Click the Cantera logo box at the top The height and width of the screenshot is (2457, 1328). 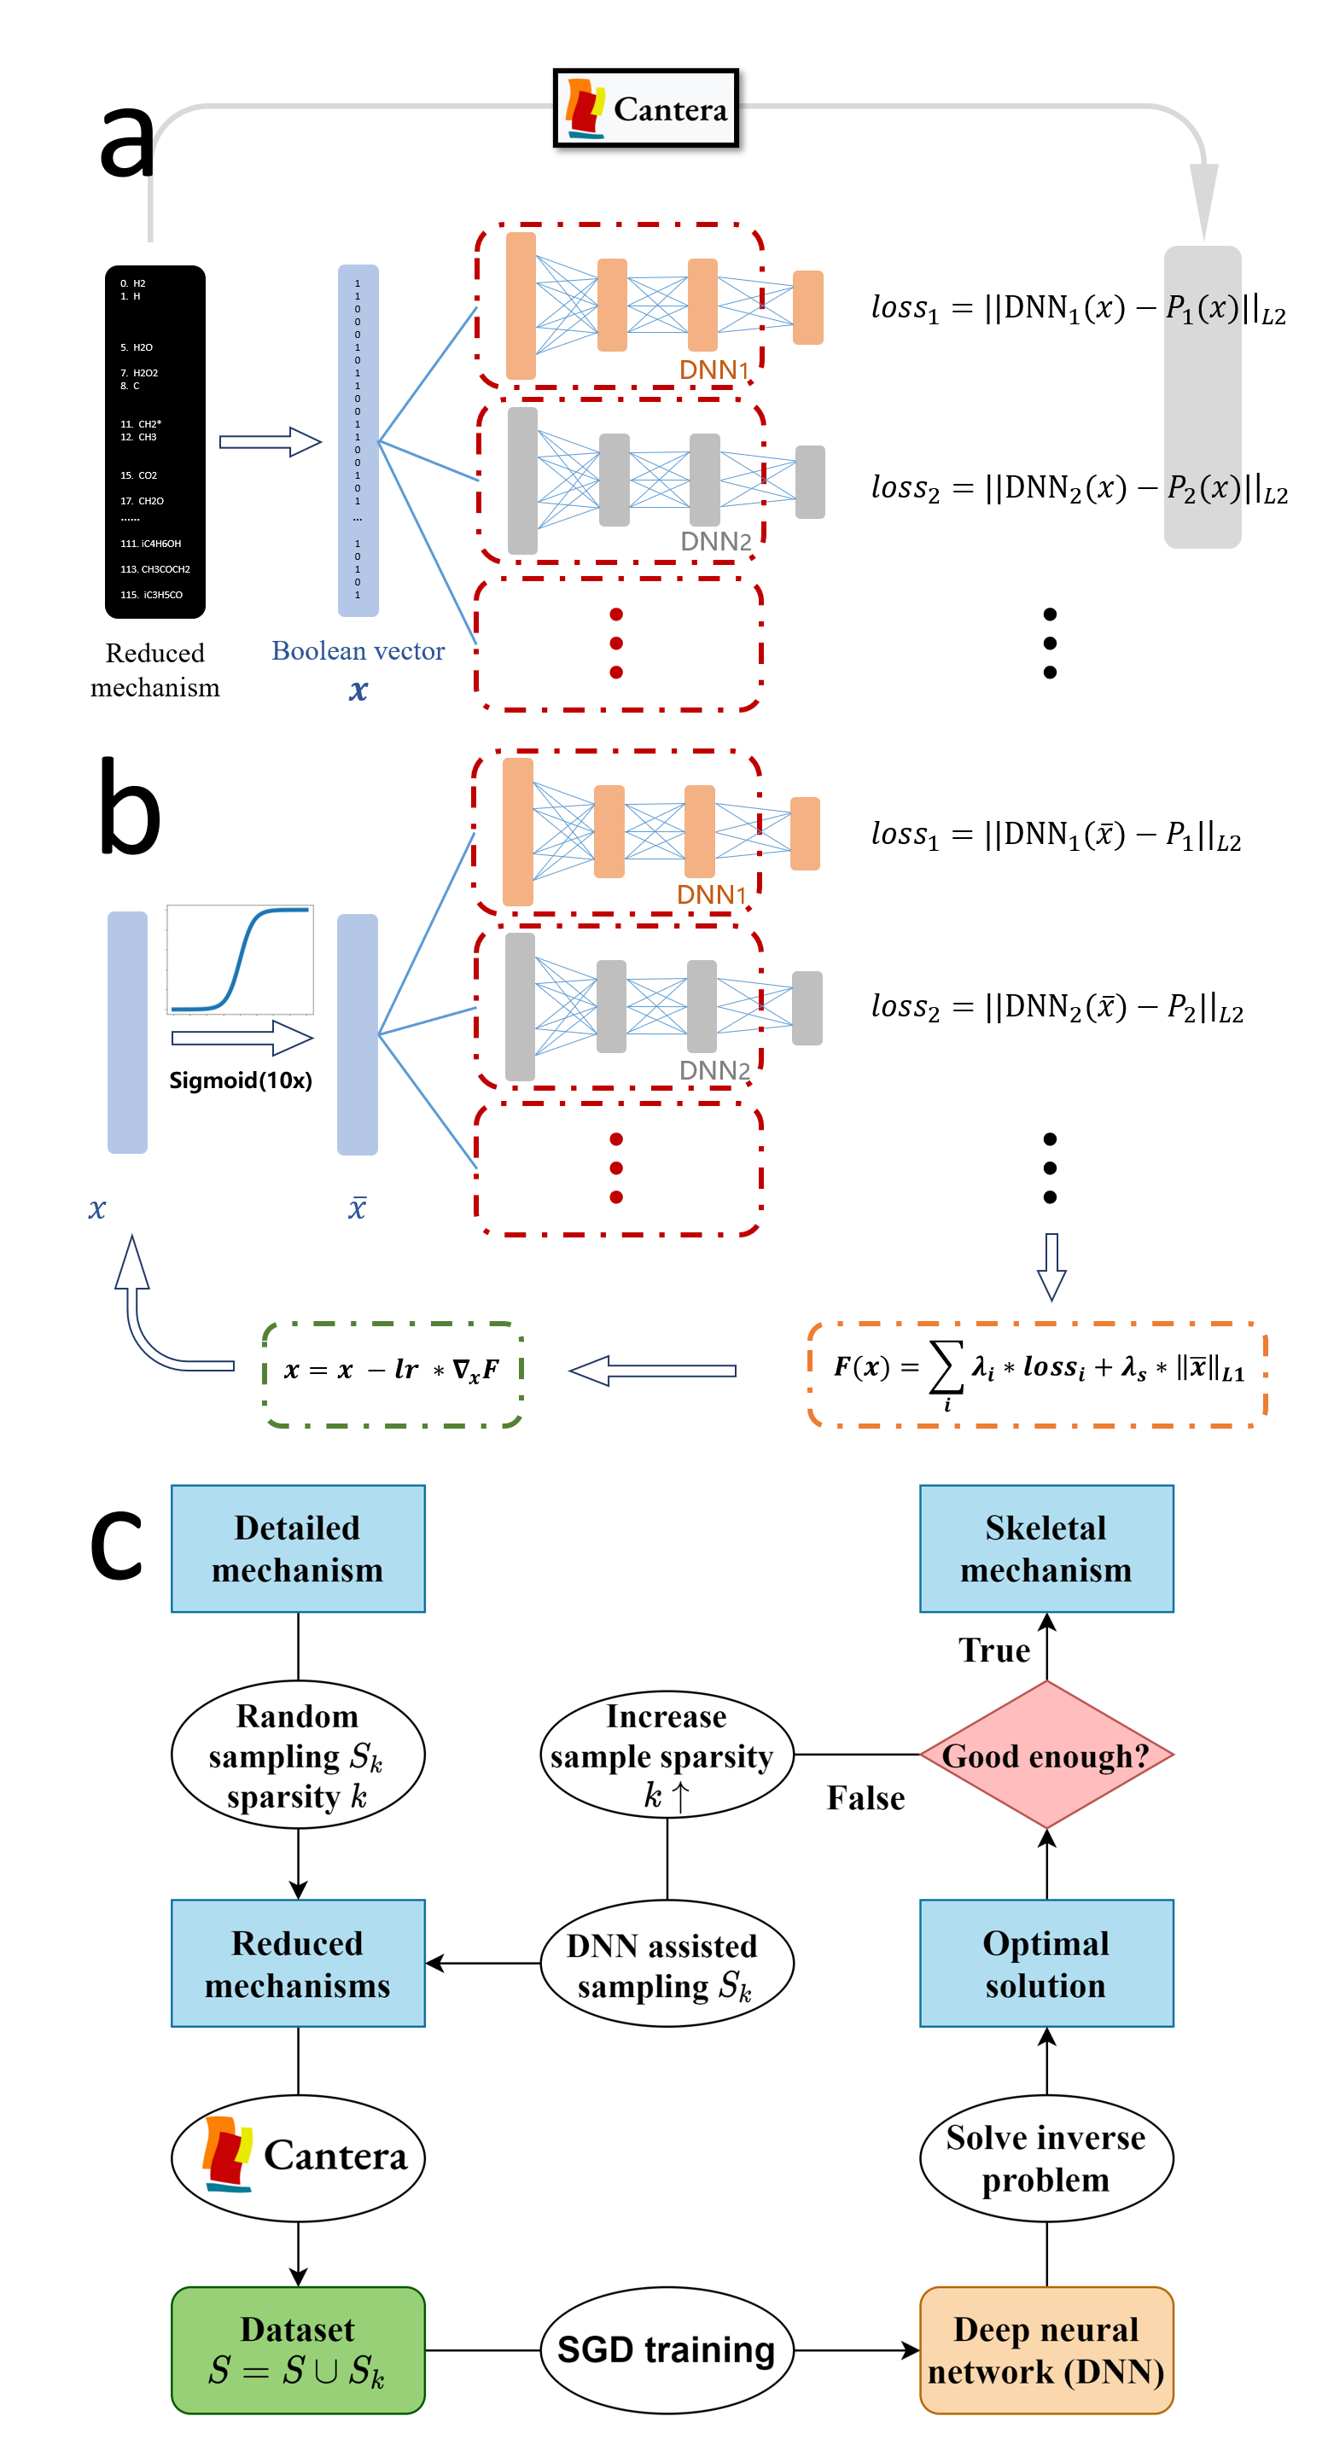coord(646,108)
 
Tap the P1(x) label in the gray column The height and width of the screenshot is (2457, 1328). coord(1202,308)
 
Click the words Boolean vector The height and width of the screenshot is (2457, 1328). coord(358,650)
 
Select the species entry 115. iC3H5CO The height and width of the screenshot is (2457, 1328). coord(152,595)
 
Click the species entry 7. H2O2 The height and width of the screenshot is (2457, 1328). coord(139,373)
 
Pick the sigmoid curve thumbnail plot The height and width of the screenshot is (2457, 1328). coord(248,954)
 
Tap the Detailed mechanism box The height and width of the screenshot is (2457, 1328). coord(298,1548)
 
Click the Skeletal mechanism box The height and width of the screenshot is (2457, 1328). coord(1046,1548)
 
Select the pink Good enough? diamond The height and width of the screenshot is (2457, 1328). coord(1046,1755)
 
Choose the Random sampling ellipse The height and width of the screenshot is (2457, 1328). coord(298,1755)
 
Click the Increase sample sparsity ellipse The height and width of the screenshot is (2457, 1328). coord(666,1755)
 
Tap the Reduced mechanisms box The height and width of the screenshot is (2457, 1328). coord(298,1963)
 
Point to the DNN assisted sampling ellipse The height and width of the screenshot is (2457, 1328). coord(666,1963)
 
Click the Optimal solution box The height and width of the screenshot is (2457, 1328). coord(1046,1963)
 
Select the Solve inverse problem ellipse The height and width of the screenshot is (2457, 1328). coord(1046,2158)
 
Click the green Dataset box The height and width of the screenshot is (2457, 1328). coord(298,2349)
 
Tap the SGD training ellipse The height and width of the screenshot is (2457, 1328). coord(666,2349)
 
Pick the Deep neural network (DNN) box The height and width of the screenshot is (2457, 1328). coord(1046,2349)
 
